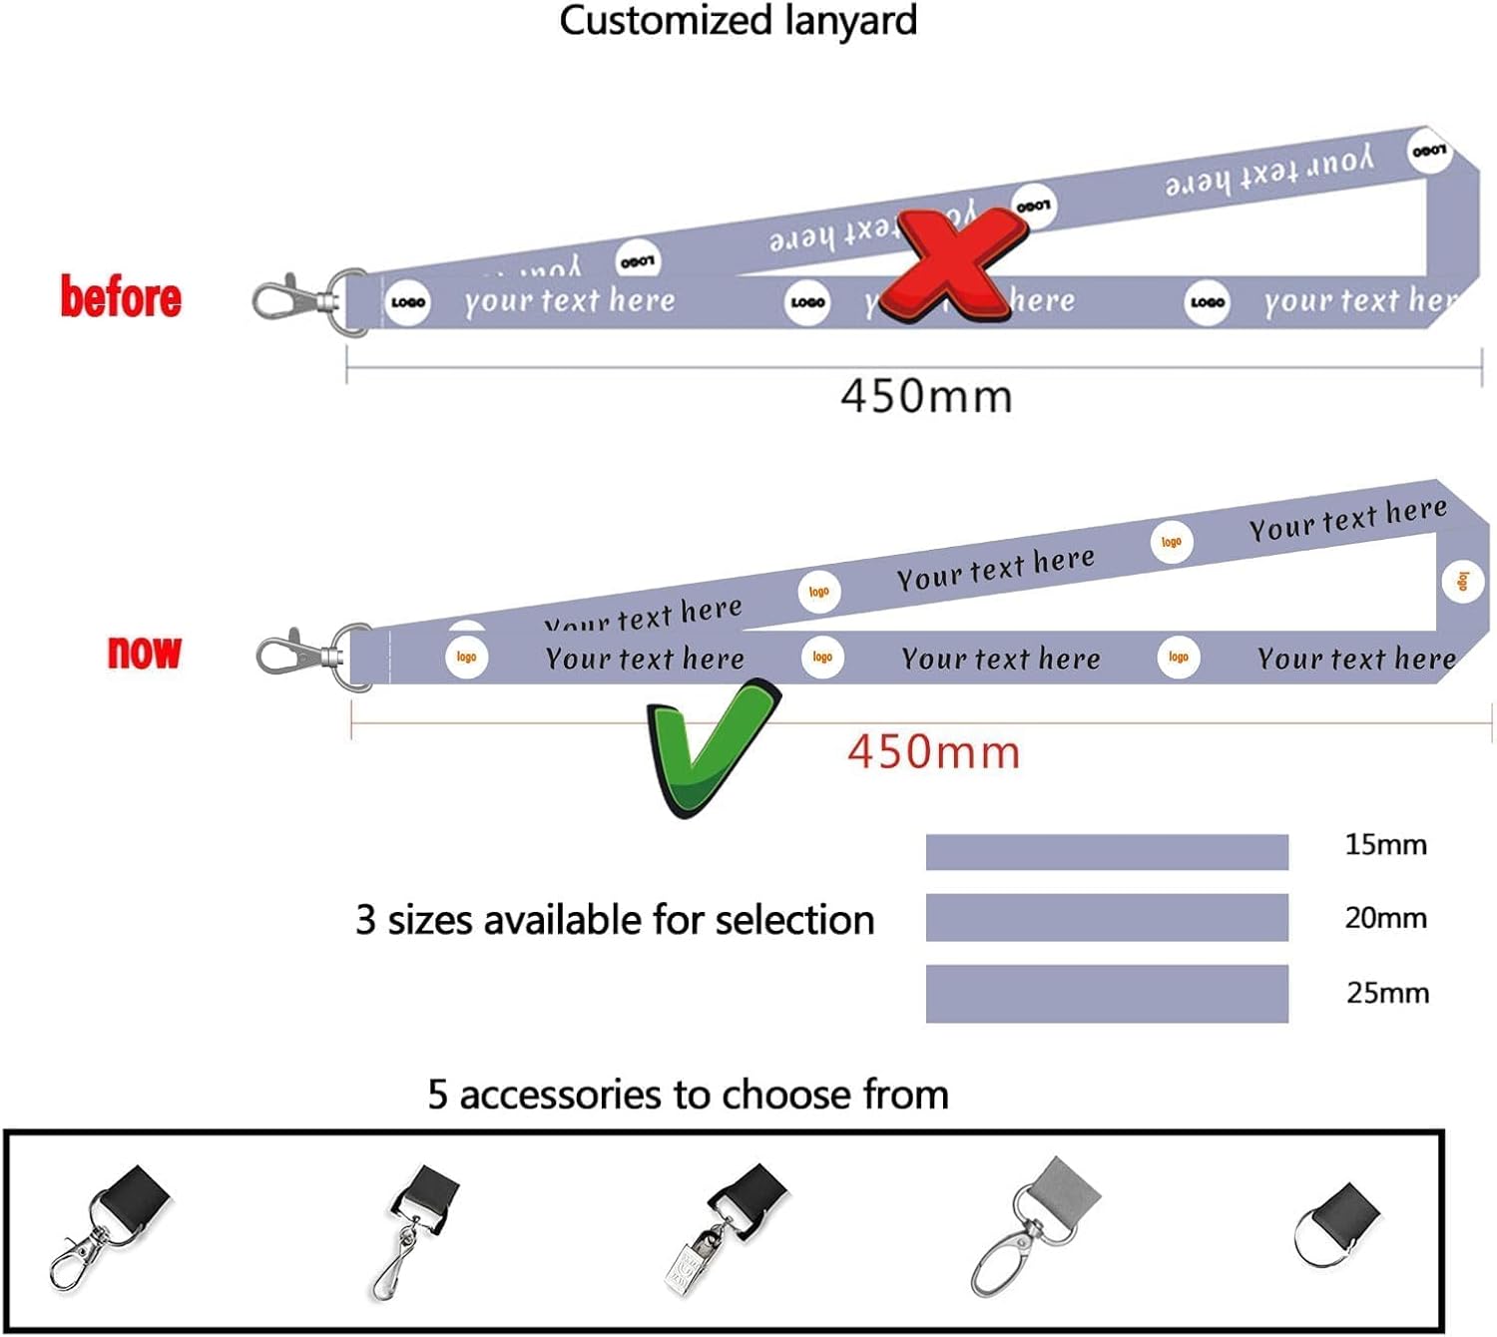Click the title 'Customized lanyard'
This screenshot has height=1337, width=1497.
738,21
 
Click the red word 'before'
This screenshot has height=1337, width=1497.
121,297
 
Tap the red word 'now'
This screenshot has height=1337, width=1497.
145,652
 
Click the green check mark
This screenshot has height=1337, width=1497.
710,746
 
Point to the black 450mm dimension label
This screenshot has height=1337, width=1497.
926,396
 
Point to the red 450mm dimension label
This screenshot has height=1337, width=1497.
934,751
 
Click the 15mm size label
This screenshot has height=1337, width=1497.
1385,845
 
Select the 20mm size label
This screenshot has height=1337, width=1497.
1385,918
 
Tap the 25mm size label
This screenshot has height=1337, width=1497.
1387,993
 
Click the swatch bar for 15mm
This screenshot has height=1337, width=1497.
1107,852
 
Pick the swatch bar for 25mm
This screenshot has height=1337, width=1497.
1107,994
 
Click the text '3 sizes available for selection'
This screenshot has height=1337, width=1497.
615,920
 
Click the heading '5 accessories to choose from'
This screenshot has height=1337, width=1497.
688,1095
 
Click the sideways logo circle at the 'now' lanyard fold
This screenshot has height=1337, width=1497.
1462,581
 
